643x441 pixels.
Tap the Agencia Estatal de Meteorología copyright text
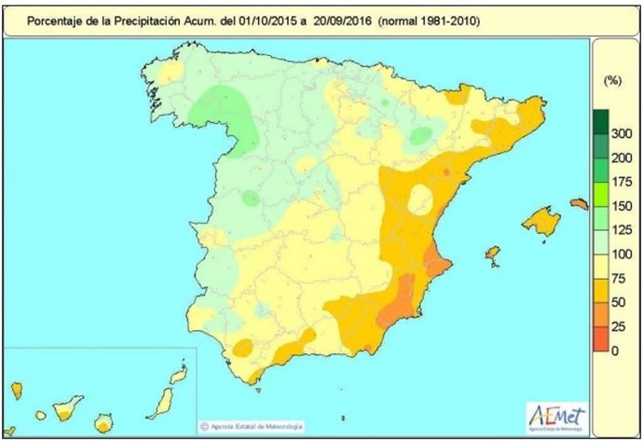pos(251,426)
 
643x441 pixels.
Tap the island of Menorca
pos(579,203)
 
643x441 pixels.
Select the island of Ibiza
pos(493,255)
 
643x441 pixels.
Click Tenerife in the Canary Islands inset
pos(67,407)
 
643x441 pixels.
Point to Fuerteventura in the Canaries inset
pos(161,397)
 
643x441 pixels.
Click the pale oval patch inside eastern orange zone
pos(419,200)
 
